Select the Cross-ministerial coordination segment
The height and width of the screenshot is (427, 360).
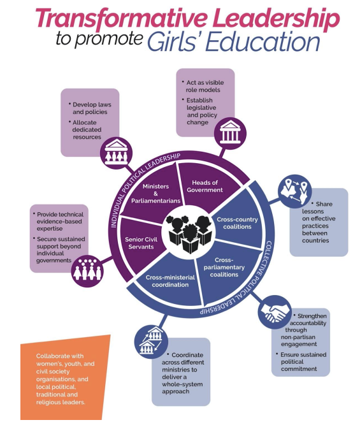170,280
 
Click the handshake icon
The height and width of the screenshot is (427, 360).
275,312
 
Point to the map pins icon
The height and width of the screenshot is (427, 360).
294,191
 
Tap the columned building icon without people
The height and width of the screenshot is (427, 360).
231,134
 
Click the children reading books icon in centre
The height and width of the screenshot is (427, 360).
189,233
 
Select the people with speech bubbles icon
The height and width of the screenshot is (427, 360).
88,270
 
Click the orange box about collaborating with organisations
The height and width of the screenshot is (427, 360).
66,378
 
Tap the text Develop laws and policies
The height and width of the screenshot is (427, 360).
92,108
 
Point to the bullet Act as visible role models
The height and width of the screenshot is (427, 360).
203,86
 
